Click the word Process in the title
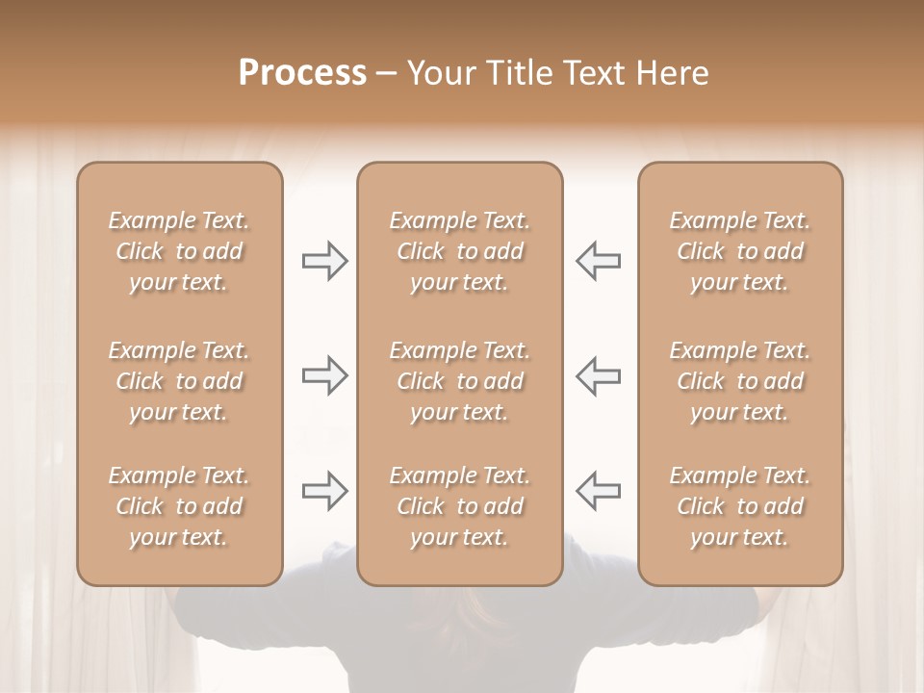[x=302, y=73]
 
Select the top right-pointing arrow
[x=325, y=261]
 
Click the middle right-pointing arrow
[x=325, y=375]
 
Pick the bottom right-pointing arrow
[x=325, y=491]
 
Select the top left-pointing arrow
[x=598, y=261]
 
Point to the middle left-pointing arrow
[x=598, y=375]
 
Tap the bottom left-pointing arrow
[x=598, y=491]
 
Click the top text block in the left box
[x=179, y=251]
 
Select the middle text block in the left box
[x=179, y=381]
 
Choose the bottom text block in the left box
[x=179, y=506]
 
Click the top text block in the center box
[x=460, y=251]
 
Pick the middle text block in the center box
[x=460, y=381]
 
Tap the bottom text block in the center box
[x=460, y=506]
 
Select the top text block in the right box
[x=740, y=251]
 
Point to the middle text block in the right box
[x=740, y=381]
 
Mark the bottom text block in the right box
[x=740, y=506]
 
